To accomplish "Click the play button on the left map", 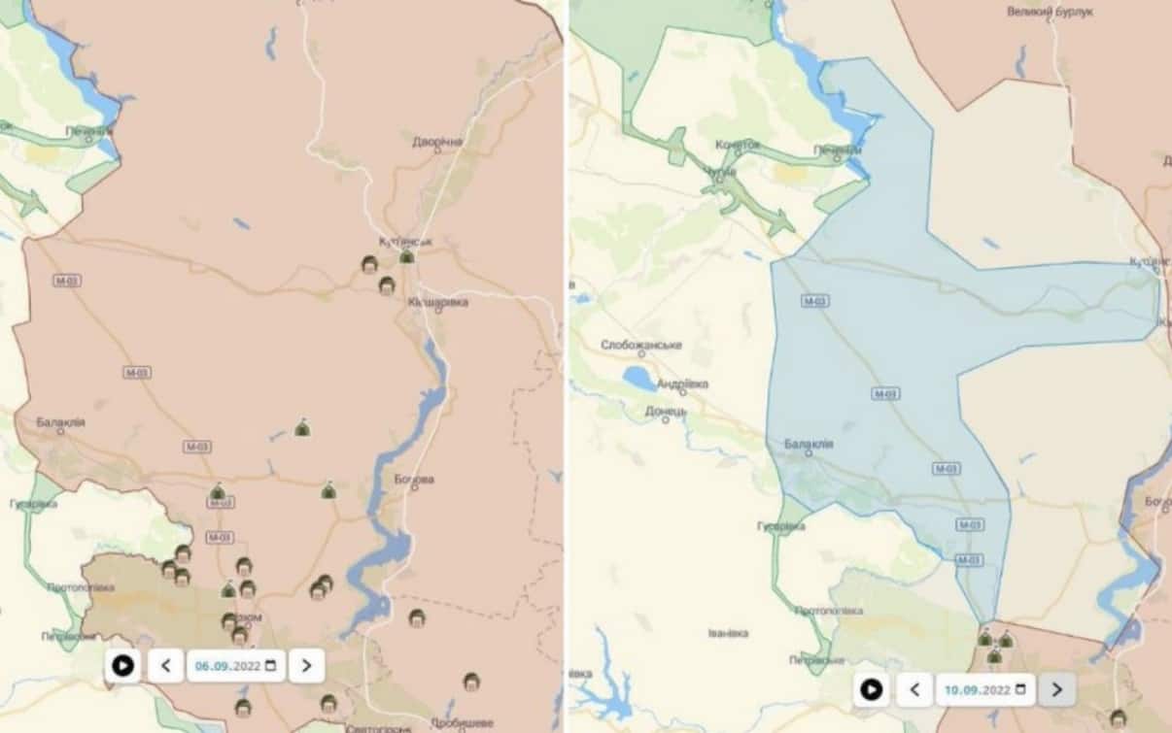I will coord(123,665).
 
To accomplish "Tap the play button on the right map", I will coord(872,690).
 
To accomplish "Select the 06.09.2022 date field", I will coord(236,665).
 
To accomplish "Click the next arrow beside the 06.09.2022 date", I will coord(306,665).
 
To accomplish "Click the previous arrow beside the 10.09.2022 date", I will coord(914,690).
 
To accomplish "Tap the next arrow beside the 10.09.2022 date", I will coord(1056,690).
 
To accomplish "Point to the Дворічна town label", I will coord(437,142).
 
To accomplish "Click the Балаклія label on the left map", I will coord(61,422).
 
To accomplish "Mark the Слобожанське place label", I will coord(641,345).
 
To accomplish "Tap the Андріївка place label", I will coord(682,384).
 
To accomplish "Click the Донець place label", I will coord(666,411).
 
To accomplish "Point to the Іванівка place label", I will coord(729,633).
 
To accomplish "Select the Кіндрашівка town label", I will coord(437,303).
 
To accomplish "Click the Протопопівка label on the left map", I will coord(82,587).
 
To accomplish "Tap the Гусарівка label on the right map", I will coord(781,526).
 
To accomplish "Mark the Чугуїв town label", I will coord(720,173).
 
